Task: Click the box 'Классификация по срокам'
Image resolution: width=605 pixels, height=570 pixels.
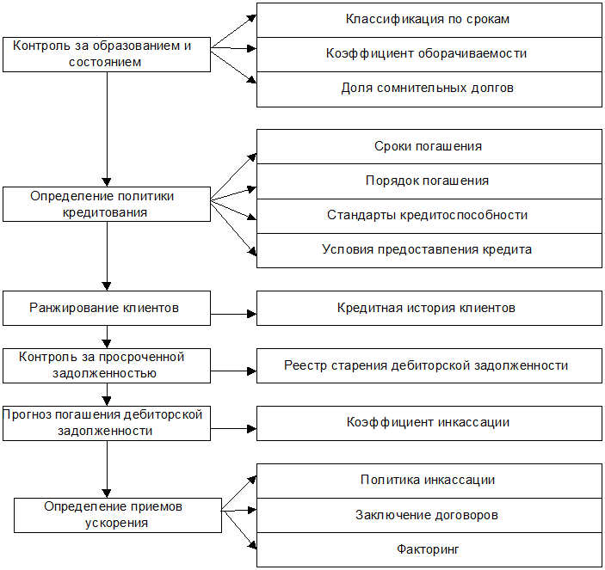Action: (x=429, y=21)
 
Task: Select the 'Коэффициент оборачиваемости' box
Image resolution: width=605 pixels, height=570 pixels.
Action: (x=429, y=54)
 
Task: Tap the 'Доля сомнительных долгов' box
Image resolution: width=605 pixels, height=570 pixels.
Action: (x=429, y=89)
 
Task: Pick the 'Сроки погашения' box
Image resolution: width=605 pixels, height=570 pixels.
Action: (x=429, y=146)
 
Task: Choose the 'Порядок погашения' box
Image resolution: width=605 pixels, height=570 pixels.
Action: (x=429, y=181)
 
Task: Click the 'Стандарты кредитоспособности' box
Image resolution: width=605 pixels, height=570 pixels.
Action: (x=429, y=216)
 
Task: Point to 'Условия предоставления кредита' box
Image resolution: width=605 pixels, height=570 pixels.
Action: (x=429, y=250)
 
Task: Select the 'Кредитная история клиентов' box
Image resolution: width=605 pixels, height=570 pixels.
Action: (x=429, y=308)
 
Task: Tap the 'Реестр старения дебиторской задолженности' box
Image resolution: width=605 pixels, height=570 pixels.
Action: (x=429, y=365)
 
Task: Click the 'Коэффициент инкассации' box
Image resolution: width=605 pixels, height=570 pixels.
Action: (x=429, y=423)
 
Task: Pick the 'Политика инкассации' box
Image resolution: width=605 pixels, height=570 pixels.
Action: (x=429, y=481)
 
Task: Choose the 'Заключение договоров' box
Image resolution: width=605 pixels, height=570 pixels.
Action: (x=429, y=515)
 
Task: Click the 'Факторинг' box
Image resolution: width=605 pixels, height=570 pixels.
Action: (x=429, y=549)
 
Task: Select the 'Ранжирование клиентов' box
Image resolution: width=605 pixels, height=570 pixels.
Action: (x=107, y=308)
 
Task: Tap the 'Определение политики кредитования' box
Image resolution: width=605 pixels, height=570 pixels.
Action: (x=107, y=204)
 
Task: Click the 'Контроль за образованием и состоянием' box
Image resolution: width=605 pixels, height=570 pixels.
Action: (x=107, y=54)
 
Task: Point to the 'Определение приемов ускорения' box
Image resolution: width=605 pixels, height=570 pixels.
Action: (x=118, y=515)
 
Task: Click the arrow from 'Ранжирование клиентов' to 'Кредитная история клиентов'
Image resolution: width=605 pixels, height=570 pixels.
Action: (x=233, y=314)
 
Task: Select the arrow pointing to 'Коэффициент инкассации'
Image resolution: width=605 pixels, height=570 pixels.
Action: (x=233, y=428)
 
